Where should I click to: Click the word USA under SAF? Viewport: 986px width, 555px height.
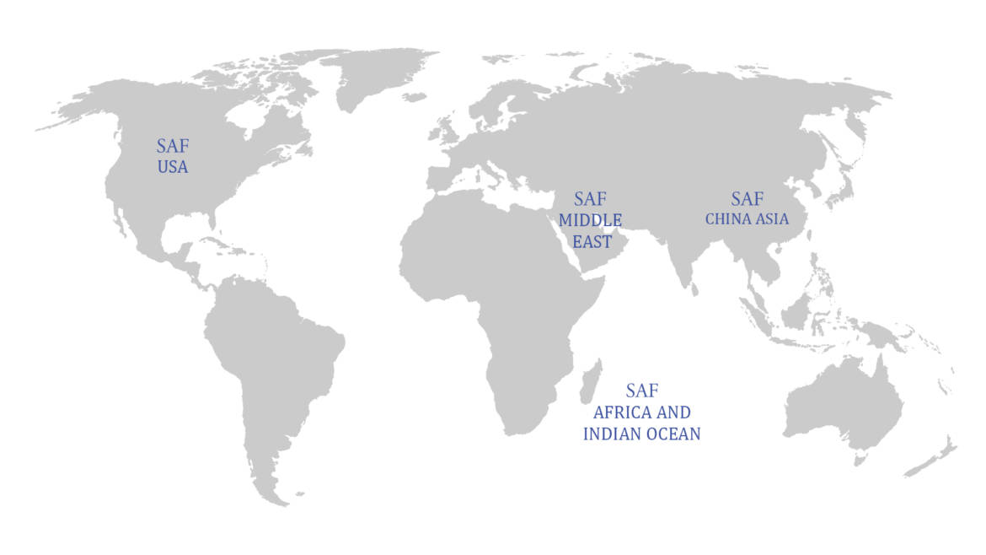[172, 167]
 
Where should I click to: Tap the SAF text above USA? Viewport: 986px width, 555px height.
[172, 146]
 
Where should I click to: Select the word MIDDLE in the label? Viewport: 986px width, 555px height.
[590, 220]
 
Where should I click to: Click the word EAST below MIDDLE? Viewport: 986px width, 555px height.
[592, 241]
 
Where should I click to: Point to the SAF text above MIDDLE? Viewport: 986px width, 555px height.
[590, 200]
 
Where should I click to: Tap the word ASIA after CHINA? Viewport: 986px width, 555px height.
[772, 219]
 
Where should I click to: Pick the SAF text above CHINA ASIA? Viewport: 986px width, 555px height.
[747, 199]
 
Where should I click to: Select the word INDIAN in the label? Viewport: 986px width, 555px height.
[613, 434]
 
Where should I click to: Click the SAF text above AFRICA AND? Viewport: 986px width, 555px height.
[641, 391]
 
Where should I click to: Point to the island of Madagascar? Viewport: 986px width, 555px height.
[592, 380]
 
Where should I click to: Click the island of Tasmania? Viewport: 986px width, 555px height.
[860, 461]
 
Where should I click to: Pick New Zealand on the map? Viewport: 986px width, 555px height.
[935, 460]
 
